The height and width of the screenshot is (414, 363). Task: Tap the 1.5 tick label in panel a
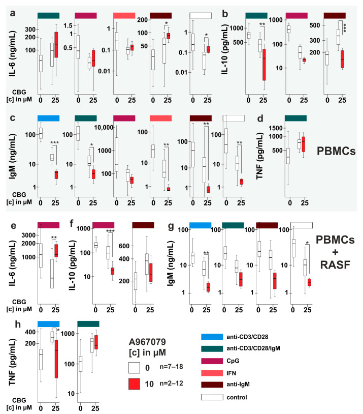[x=68, y=24]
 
